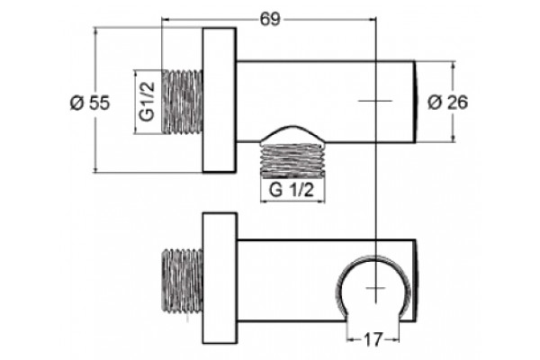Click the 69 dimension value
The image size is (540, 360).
pyautogui.click(x=270, y=19)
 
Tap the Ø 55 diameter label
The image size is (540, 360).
pyautogui.click(x=90, y=103)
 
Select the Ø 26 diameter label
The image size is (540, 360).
pyautogui.click(x=447, y=103)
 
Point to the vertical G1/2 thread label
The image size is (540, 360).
pyautogui.click(x=148, y=102)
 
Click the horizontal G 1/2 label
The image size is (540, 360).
pyautogui.click(x=292, y=190)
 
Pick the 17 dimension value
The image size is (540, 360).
pyautogui.click(x=373, y=340)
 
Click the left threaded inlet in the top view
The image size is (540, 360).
pyautogui.click(x=182, y=102)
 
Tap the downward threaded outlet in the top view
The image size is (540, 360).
pyautogui.click(x=292, y=161)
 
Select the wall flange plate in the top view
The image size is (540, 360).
pyautogui.click(x=220, y=100)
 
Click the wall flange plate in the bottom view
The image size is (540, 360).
pyautogui.click(x=220, y=278)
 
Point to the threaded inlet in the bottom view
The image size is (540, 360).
pyautogui.click(x=183, y=281)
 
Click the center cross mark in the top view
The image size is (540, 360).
pyautogui.click(x=375, y=101)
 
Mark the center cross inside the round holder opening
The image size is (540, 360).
pyautogui.click(x=375, y=288)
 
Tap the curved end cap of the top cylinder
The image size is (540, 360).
pyautogui.click(x=416, y=102)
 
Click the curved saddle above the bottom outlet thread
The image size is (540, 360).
pyautogui.click(x=292, y=132)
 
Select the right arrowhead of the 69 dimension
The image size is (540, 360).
pyautogui.click(x=372, y=20)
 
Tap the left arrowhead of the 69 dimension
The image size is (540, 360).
pyautogui.click(x=166, y=20)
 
